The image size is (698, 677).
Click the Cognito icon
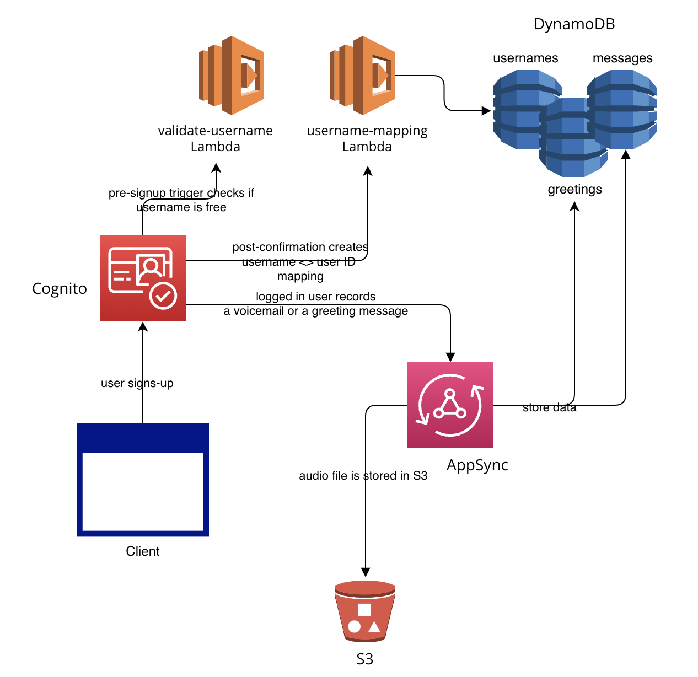[x=142, y=278]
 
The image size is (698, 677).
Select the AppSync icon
[x=449, y=405]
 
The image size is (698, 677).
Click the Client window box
[x=142, y=479]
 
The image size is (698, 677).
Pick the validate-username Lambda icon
[x=232, y=76]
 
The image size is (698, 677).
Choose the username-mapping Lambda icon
[x=363, y=76]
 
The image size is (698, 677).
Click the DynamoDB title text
[x=574, y=24]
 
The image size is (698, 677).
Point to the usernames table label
[x=525, y=58]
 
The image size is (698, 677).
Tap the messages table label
[x=622, y=58]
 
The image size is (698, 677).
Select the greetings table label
[x=574, y=189]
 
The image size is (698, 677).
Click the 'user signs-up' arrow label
[x=137, y=383]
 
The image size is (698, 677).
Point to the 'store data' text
[x=549, y=407]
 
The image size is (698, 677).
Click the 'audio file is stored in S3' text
[x=363, y=476]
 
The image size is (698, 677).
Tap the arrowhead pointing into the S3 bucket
[x=365, y=572]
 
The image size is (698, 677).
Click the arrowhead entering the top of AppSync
[x=450, y=357]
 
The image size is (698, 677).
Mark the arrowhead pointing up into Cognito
[x=143, y=326]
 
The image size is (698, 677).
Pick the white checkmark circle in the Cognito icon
[x=163, y=296]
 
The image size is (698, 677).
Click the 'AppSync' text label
[x=477, y=465]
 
